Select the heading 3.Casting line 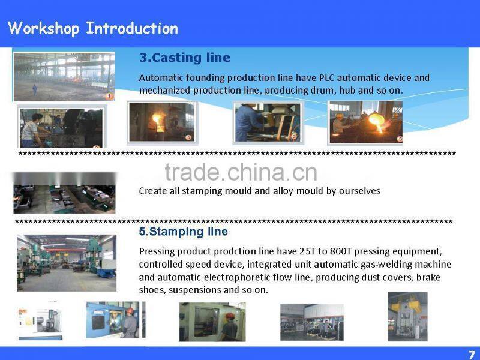click(185, 58)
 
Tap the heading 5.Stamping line click(184, 232)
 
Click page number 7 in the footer click(472, 354)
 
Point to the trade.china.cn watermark click(241, 172)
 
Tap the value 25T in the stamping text click(308, 251)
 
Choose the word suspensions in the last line click(196, 290)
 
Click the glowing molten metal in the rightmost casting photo click(377, 122)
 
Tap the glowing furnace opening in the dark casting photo click(158, 119)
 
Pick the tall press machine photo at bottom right click(407, 316)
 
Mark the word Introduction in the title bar click(132, 28)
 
